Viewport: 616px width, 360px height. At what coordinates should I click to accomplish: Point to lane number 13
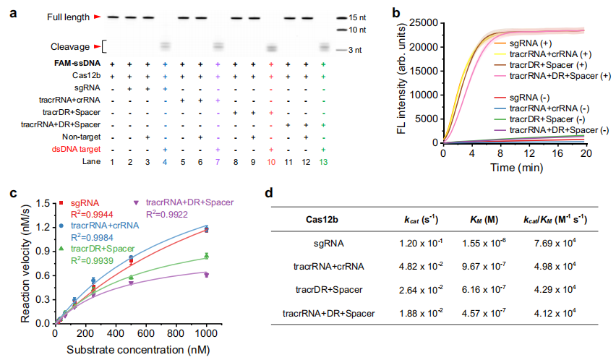coord(322,162)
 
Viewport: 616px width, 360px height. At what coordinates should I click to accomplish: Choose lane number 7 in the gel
coord(218,162)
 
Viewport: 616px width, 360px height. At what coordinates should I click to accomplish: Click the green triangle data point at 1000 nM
coord(206,255)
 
